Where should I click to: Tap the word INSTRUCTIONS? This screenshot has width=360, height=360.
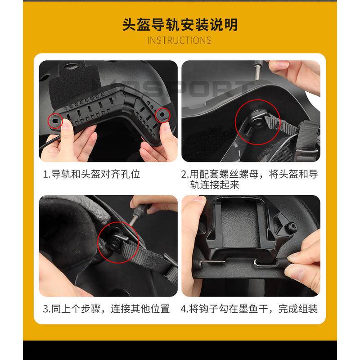coord(180,40)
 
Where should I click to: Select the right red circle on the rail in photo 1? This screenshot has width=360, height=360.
coord(162,116)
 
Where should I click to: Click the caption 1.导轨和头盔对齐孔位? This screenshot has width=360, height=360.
coord(91,174)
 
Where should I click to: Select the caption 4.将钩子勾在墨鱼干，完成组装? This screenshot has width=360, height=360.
coord(249,309)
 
